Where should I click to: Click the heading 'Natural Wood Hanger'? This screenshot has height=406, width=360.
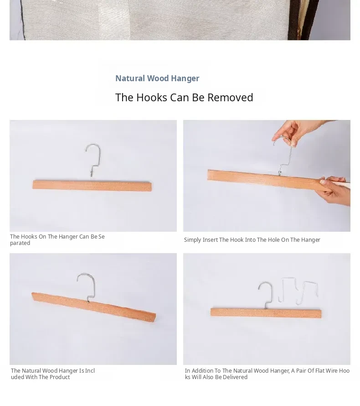coord(157,78)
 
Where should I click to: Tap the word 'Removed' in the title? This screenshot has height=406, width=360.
coord(230,98)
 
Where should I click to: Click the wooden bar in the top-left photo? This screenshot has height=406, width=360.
coord(92,186)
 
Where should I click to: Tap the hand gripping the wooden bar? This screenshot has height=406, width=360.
coord(334,190)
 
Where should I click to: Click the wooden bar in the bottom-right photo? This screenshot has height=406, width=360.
coord(266,313)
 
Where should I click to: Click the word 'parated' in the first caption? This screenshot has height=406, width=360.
coord(20,243)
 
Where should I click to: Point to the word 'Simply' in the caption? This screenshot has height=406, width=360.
coord(192,240)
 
